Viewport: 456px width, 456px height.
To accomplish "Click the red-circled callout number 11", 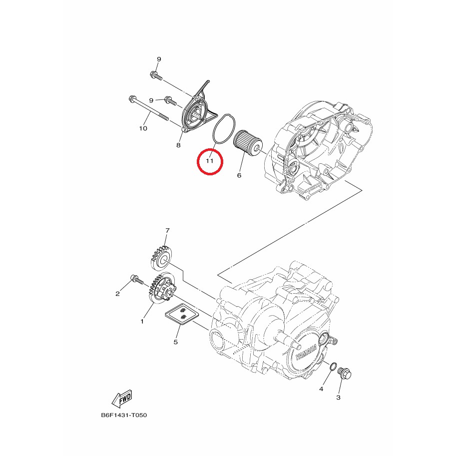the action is (210, 161).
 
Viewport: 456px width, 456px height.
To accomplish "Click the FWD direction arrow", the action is (122, 399).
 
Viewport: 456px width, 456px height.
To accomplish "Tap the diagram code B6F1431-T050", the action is (124, 415).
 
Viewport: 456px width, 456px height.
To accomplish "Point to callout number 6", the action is (239, 175).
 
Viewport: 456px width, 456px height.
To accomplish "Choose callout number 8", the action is (178, 145).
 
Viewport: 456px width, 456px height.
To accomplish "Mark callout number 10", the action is (143, 128).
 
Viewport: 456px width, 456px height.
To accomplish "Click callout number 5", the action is (175, 342).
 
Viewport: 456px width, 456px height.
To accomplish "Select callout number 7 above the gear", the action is (167, 231).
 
